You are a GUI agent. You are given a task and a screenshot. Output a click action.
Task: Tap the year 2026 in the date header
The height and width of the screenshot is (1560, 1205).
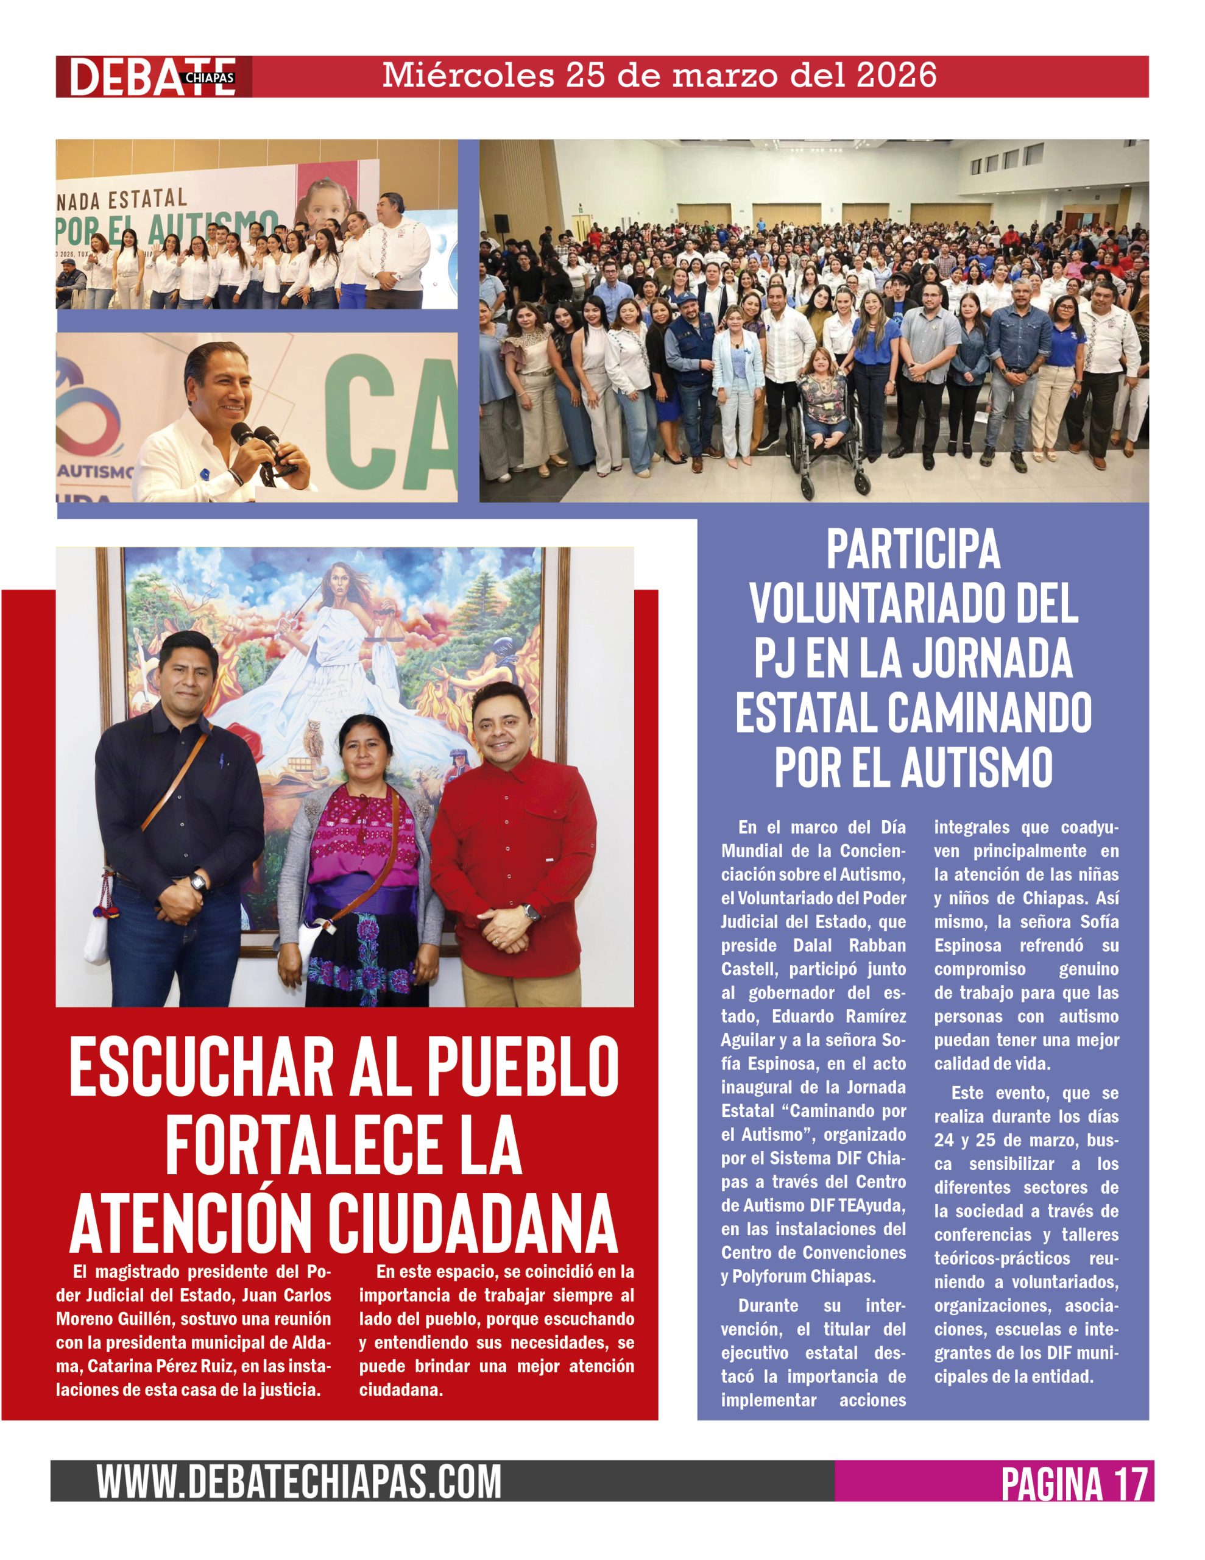[896, 76]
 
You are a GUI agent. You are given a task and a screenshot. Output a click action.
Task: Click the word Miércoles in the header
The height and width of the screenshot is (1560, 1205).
[468, 76]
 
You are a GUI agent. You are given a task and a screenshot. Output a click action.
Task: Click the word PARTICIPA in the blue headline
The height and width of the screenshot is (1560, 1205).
[913, 550]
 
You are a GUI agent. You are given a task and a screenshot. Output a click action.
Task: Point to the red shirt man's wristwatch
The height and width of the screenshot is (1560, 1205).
[531, 913]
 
